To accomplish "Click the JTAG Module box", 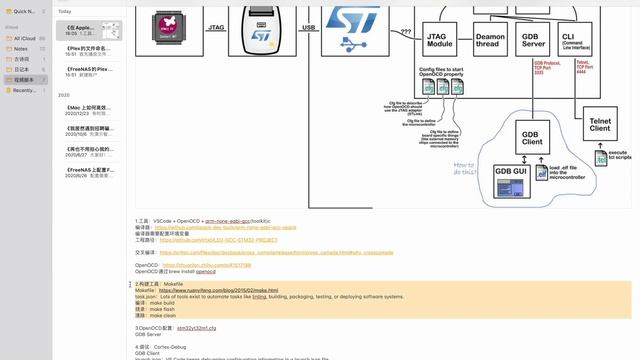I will click(x=440, y=40).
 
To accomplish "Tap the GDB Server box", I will click(x=532, y=40).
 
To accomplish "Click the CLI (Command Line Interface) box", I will click(x=574, y=40).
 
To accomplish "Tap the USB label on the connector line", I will click(x=308, y=29).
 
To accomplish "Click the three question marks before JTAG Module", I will click(x=406, y=31).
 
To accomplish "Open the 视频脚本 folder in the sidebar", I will click(x=23, y=79).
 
